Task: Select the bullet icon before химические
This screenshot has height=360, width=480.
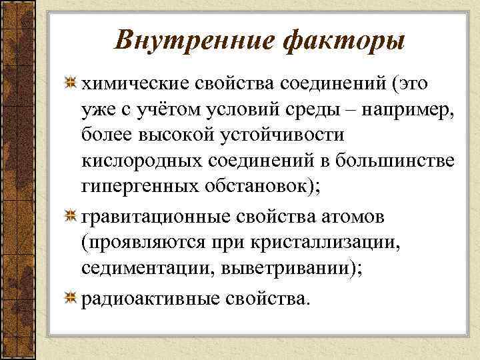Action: click(69, 84)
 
